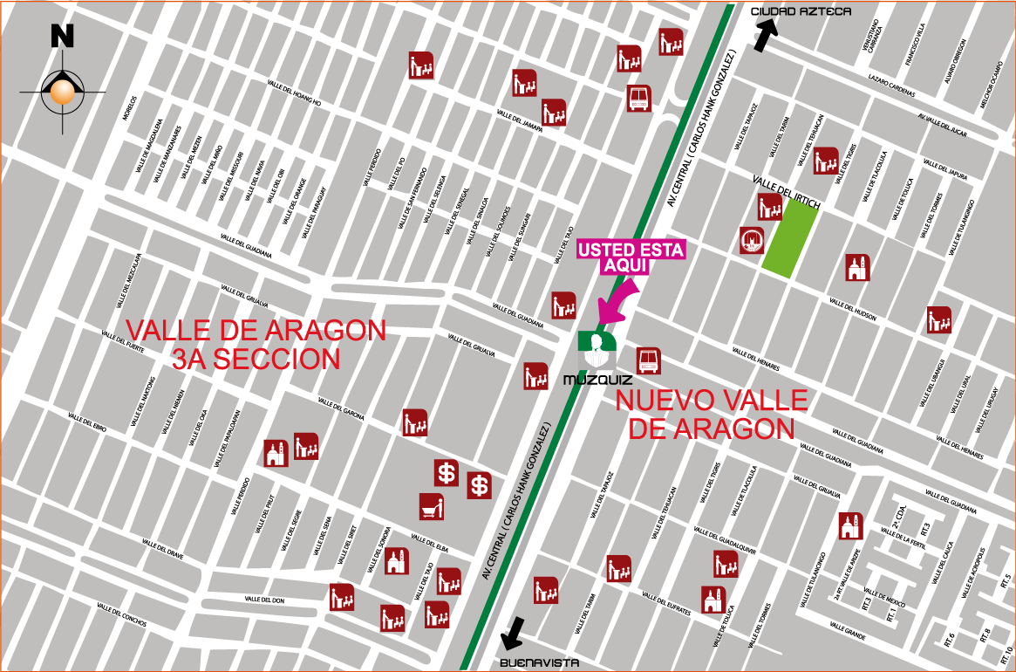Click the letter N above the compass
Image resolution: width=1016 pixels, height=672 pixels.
click(62, 36)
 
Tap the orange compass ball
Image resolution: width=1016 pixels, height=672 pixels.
click(62, 91)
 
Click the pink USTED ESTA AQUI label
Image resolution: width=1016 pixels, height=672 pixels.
click(631, 257)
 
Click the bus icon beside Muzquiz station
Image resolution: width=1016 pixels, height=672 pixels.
click(648, 360)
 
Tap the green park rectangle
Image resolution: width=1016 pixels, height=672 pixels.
click(790, 239)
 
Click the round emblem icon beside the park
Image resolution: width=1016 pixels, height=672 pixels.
click(751, 240)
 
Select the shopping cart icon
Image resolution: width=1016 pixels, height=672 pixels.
click(432, 506)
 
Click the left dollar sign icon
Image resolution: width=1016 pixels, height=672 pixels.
click(447, 473)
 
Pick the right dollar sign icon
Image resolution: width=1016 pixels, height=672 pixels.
click(479, 485)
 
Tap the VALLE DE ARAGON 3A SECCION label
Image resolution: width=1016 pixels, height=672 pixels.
click(256, 344)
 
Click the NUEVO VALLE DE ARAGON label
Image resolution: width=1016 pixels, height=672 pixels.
click(712, 415)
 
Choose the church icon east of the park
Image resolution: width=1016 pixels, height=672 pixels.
click(857, 268)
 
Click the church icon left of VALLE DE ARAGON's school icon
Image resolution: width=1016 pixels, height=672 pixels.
click(276, 454)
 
